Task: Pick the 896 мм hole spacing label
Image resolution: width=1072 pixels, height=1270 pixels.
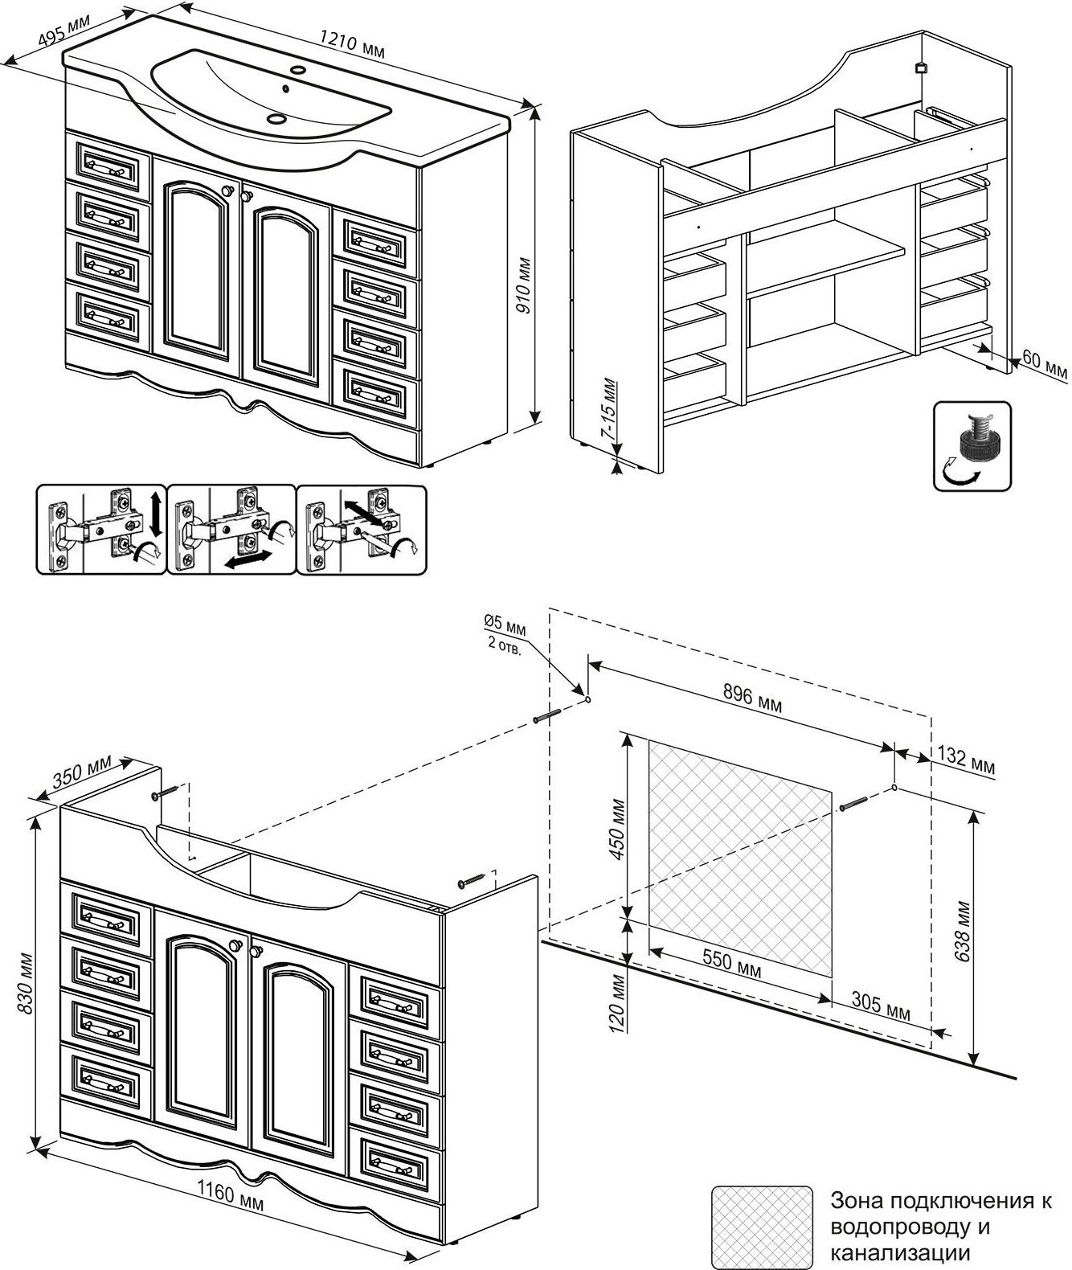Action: pyautogui.click(x=752, y=698)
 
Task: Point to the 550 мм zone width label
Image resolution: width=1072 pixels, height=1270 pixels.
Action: pyautogui.click(x=731, y=963)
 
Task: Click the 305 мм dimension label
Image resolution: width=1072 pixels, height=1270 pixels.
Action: pyautogui.click(x=880, y=1007)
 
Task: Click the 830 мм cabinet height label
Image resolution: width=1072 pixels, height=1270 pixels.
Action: pyautogui.click(x=23, y=983)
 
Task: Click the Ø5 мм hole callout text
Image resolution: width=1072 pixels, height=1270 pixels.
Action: pyautogui.click(x=505, y=634)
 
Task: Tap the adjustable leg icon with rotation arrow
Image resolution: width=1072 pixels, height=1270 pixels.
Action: pyautogui.click(x=972, y=448)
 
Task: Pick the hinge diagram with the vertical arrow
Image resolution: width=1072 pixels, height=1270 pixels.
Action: pyautogui.click(x=100, y=529)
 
